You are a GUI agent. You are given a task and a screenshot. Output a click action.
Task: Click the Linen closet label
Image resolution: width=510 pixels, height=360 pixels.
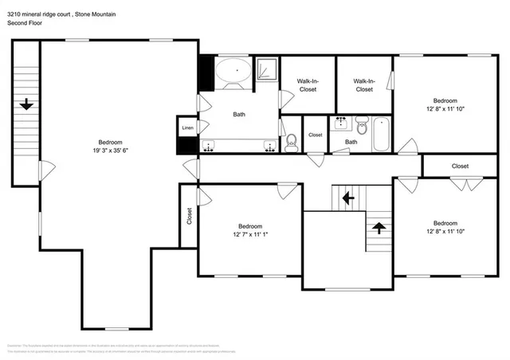pyautogui.click(x=187, y=128)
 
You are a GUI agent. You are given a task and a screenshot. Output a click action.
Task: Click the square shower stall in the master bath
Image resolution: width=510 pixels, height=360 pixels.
pyautogui.click(x=266, y=70)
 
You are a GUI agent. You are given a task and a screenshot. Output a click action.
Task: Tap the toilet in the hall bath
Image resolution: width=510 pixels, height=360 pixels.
pyautogui.click(x=362, y=125)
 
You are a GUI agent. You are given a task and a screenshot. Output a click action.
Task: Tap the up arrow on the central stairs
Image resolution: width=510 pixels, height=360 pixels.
pyautogui.click(x=379, y=227)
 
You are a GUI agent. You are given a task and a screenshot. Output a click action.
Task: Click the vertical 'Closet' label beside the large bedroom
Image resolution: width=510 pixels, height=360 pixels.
pyautogui.click(x=190, y=216)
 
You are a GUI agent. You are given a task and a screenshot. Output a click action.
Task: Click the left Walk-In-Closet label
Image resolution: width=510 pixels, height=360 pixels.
pyautogui.click(x=307, y=85)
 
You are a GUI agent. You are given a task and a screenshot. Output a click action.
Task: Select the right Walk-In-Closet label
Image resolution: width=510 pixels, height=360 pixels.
pyautogui.click(x=363, y=85)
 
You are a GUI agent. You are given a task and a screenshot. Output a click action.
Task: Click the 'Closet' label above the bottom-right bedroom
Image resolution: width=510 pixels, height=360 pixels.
pyautogui.click(x=460, y=166)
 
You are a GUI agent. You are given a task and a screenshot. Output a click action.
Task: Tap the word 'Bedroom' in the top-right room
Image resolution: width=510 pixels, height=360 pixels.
pyautogui.click(x=445, y=100)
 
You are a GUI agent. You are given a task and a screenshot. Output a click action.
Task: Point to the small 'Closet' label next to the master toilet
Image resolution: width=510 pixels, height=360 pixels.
pyautogui.click(x=316, y=135)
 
